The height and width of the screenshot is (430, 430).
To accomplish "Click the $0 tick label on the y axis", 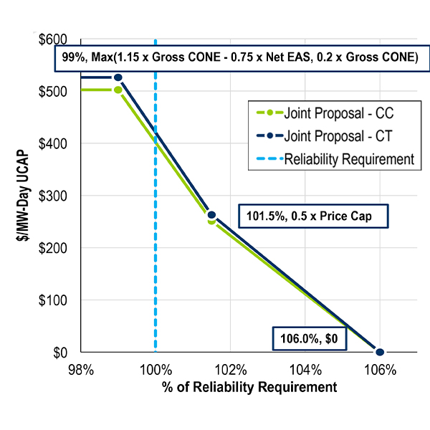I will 60,353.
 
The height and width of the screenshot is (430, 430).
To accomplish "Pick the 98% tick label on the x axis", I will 81,371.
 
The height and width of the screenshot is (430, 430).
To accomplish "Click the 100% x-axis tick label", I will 156,371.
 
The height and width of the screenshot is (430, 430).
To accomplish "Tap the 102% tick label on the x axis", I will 231,371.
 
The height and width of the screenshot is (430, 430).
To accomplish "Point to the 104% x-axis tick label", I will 305,371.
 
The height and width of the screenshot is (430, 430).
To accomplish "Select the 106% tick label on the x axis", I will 380,371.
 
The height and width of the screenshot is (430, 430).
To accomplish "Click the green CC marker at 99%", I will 118,90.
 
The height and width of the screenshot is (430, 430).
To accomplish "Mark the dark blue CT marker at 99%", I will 118,77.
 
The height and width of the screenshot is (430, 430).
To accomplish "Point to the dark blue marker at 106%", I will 380,352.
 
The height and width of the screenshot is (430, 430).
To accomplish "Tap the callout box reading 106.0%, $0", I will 310,338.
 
